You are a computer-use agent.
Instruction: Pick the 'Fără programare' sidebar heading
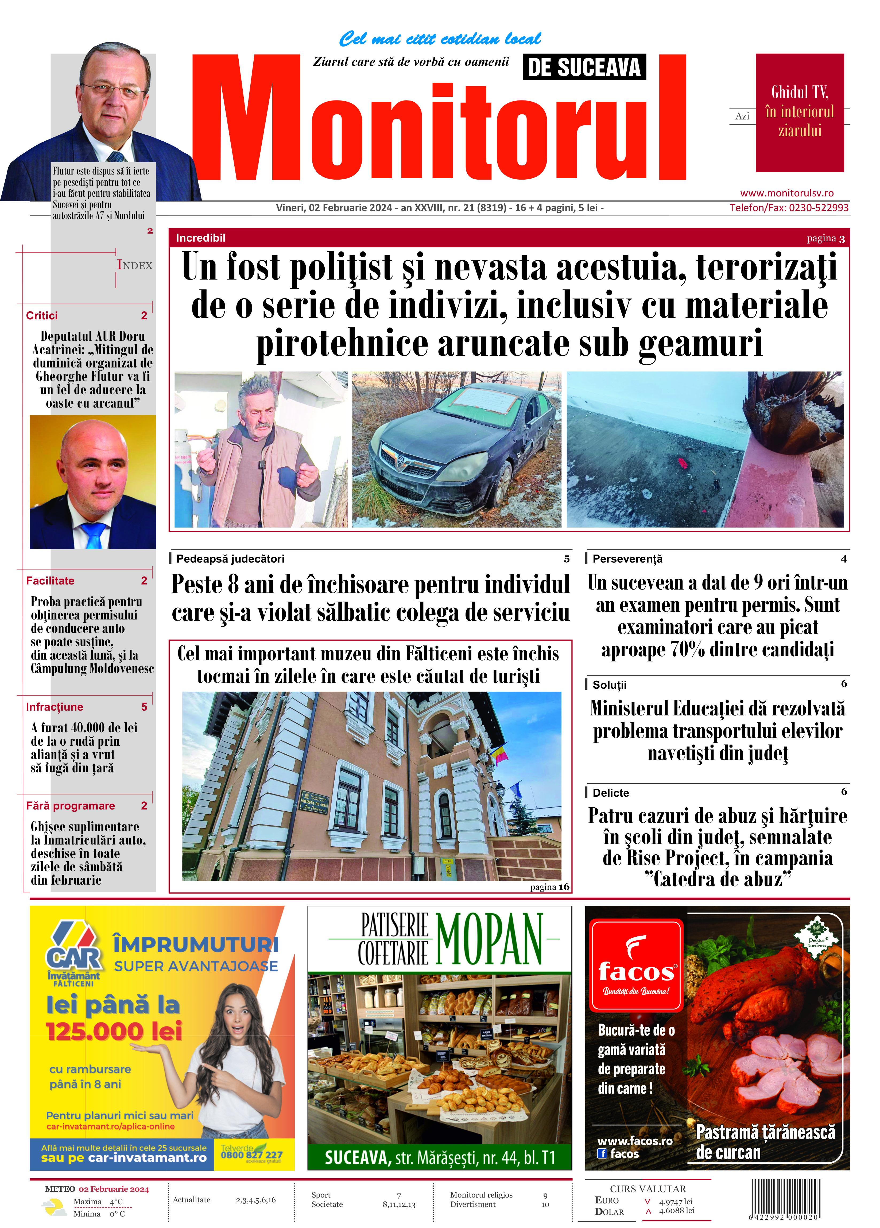tap(70, 806)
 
